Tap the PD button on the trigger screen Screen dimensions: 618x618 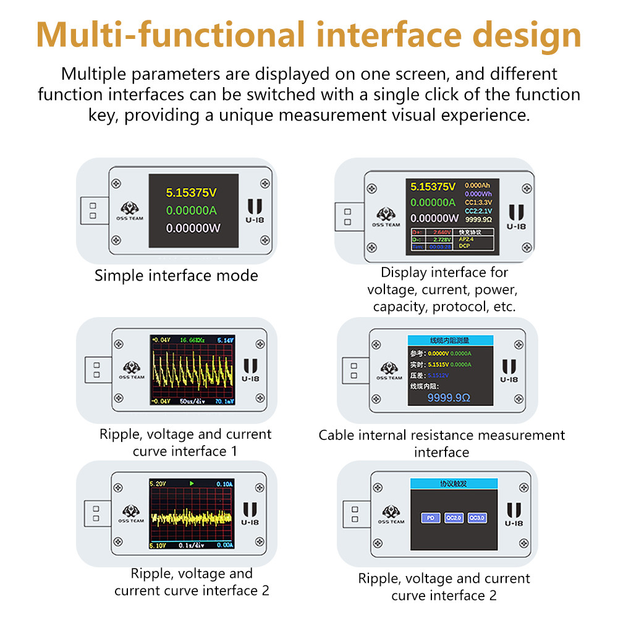pyautogui.click(x=430, y=518)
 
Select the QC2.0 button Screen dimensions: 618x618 pyautogui.click(x=454, y=518)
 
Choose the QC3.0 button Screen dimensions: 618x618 pyautogui.click(x=476, y=518)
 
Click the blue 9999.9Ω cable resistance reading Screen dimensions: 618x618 pyautogui.click(x=449, y=397)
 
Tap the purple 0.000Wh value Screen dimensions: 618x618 pyautogui.click(x=478, y=193)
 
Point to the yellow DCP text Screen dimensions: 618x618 pyautogui.click(x=465, y=245)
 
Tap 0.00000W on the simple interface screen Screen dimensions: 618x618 pyautogui.click(x=193, y=229)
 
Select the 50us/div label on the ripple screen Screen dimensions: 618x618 pyautogui.click(x=193, y=402)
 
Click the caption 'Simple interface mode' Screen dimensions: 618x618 pyautogui.click(x=176, y=276)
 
